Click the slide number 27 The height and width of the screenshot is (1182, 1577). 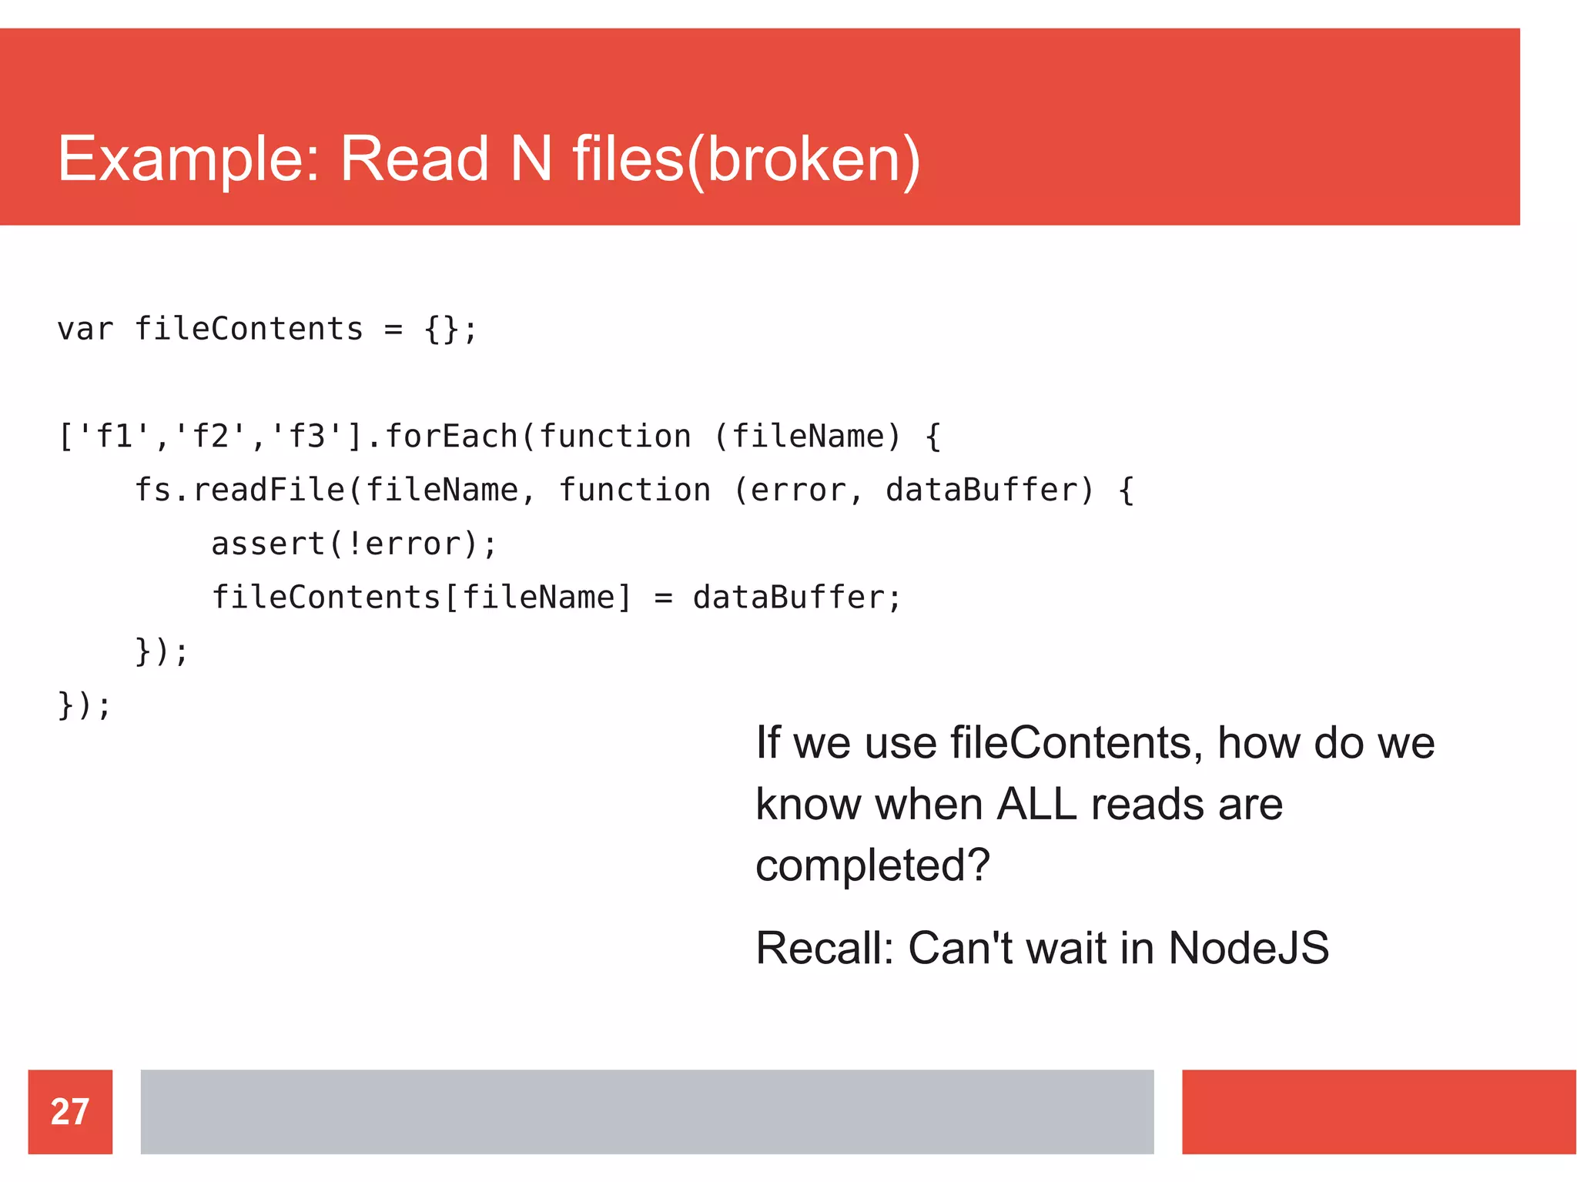coord(70,1111)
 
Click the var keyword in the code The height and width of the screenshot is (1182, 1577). coord(85,330)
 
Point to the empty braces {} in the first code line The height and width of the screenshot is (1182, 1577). coord(441,330)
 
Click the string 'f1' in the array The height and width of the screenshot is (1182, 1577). coord(113,437)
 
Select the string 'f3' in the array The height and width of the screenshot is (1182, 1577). coord(306,437)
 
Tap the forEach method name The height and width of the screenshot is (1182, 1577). coord(450,437)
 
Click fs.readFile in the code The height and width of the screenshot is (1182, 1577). coord(239,491)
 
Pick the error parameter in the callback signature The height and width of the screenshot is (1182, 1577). coord(797,491)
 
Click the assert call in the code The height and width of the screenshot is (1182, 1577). coord(267,544)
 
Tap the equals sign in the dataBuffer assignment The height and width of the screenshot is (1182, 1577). coord(663,598)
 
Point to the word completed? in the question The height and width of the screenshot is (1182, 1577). coord(872,866)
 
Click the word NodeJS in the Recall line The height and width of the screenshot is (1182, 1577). coord(1248,948)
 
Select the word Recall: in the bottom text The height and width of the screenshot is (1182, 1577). coord(824,948)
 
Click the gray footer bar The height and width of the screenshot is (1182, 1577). coord(647,1111)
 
